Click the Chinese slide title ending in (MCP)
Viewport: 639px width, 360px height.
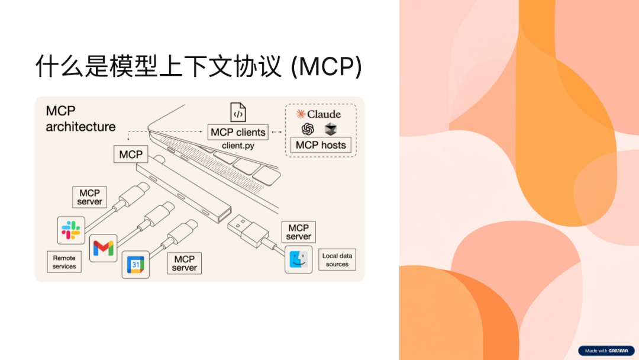pos(198,66)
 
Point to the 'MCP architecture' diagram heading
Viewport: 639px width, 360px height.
pos(80,118)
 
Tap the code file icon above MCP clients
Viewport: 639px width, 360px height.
pos(238,112)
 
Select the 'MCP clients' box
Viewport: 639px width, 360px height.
pos(238,132)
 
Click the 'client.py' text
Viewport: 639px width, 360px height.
pos(238,146)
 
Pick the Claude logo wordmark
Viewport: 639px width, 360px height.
pos(319,114)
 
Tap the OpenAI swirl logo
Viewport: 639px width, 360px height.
pos(307,128)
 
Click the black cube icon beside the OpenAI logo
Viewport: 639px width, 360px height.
pos(330,128)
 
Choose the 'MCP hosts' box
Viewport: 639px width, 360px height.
pos(321,145)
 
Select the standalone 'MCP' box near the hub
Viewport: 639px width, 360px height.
pos(131,155)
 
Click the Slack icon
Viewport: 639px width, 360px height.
pos(71,230)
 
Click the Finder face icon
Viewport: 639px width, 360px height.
pos(299,259)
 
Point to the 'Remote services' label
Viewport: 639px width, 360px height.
pos(64,262)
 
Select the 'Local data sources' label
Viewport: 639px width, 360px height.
pos(337,260)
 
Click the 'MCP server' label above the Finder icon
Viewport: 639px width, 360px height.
pos(298,232)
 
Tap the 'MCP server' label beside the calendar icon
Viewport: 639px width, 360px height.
pos(185,263)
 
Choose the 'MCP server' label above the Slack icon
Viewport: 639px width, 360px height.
pos(90,197)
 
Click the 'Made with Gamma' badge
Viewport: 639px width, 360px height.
pos(606,351)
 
